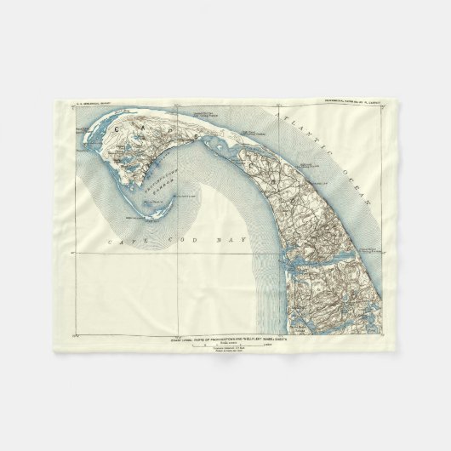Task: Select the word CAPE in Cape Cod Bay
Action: coord(123,243)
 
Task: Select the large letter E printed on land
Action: coord(199,136)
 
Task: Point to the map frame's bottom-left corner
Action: coord(77,335)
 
